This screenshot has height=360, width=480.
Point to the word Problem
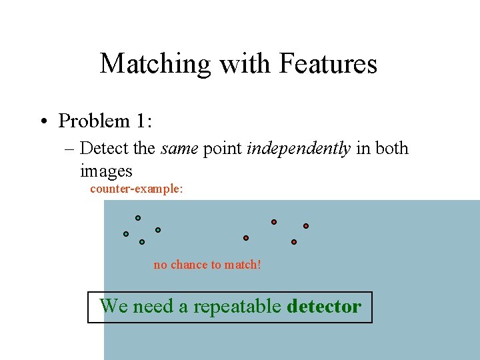pos(94,121)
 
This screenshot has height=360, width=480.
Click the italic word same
pos(179,148)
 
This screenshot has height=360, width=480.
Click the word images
pos(106,171)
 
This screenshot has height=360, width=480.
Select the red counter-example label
pos(136,189)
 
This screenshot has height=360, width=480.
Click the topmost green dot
pos(138,218)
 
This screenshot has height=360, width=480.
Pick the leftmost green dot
pos(125,234)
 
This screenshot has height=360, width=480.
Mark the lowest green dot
pos(142,242)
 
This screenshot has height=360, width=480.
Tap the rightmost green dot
pos(158,230)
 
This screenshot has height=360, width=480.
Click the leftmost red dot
pos(246,238)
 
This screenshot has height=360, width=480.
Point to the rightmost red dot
pos(306,226)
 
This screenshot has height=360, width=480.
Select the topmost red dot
pos(274,222)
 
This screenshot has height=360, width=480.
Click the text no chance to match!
pos(207,265)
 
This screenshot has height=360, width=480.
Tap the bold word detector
pos(324,307)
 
